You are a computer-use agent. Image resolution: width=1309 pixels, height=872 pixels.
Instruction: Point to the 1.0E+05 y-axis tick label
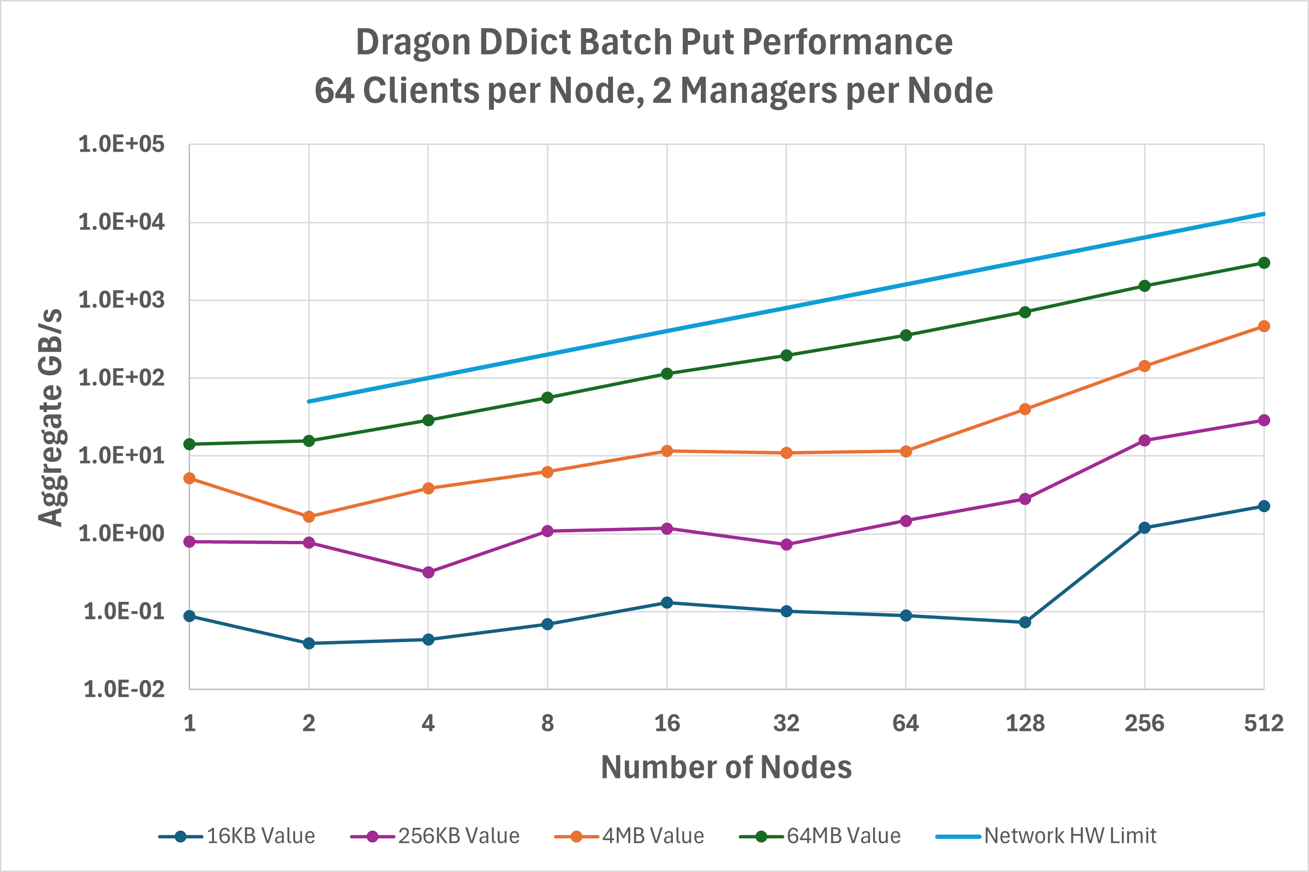click(121, 144)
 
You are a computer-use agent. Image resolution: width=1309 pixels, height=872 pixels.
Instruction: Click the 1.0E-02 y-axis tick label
click(123, 690)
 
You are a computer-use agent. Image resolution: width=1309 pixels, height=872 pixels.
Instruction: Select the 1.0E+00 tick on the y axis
click(121, 534)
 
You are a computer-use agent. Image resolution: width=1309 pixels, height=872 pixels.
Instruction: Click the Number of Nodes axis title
click(726, 767)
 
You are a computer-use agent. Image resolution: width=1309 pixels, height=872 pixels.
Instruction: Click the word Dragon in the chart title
click(413, 42)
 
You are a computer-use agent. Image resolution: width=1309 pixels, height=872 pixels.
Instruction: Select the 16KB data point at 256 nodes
click(1144, 528)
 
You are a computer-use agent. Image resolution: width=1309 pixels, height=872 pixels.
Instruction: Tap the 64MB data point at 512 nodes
click(1264, 263)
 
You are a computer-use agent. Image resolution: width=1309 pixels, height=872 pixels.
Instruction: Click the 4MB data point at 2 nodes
click(309, 517)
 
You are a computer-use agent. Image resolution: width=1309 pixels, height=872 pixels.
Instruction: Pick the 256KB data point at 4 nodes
click(428, 572)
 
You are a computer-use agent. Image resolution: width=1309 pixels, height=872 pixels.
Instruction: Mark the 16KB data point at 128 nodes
click(1025, 622)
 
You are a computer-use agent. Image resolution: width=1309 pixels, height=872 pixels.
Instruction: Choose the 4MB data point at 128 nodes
click(1025, 409)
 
